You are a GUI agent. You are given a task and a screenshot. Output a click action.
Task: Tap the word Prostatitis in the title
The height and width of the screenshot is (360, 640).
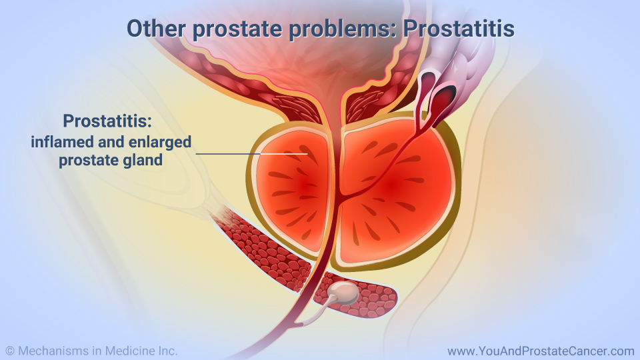(x=459, y=29)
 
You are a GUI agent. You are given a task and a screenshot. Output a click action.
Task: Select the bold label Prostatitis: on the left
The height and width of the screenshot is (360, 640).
(x=107, y=121)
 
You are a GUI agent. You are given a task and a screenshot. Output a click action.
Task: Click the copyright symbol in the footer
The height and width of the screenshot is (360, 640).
(x=10, y=351)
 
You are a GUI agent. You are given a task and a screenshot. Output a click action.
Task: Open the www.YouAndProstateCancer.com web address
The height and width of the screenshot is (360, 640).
(x=541, y=351)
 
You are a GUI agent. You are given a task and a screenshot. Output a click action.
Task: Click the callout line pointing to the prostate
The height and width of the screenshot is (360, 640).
(x=251, y=154)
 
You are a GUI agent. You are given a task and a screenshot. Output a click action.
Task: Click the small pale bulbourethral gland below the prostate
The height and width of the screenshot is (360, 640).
(x=345, y=292)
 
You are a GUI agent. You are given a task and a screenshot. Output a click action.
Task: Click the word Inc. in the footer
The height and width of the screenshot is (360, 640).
(x=168, y=351)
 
